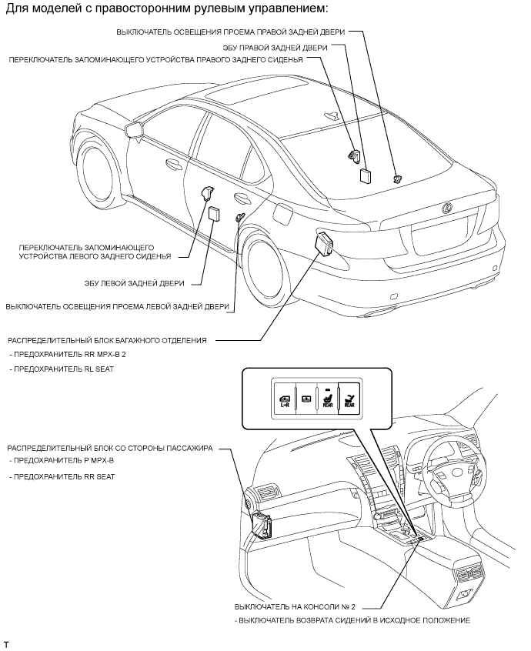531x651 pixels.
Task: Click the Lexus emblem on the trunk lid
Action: coord(446,206)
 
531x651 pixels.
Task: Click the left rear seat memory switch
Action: coord(209,192)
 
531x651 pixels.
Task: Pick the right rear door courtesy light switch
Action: coord(397,179)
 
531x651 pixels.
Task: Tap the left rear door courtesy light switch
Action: coord(239,216)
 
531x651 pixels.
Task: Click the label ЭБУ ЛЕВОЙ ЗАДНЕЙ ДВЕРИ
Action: coord(142,283)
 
